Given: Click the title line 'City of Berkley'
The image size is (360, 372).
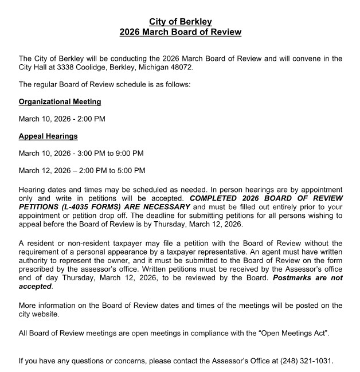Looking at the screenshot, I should click(180, 22).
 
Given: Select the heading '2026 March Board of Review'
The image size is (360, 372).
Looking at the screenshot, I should click(180, 32).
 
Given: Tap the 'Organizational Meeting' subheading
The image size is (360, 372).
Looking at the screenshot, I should click(60, 101).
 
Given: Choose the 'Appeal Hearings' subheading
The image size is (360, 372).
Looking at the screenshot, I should click(48, 136).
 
